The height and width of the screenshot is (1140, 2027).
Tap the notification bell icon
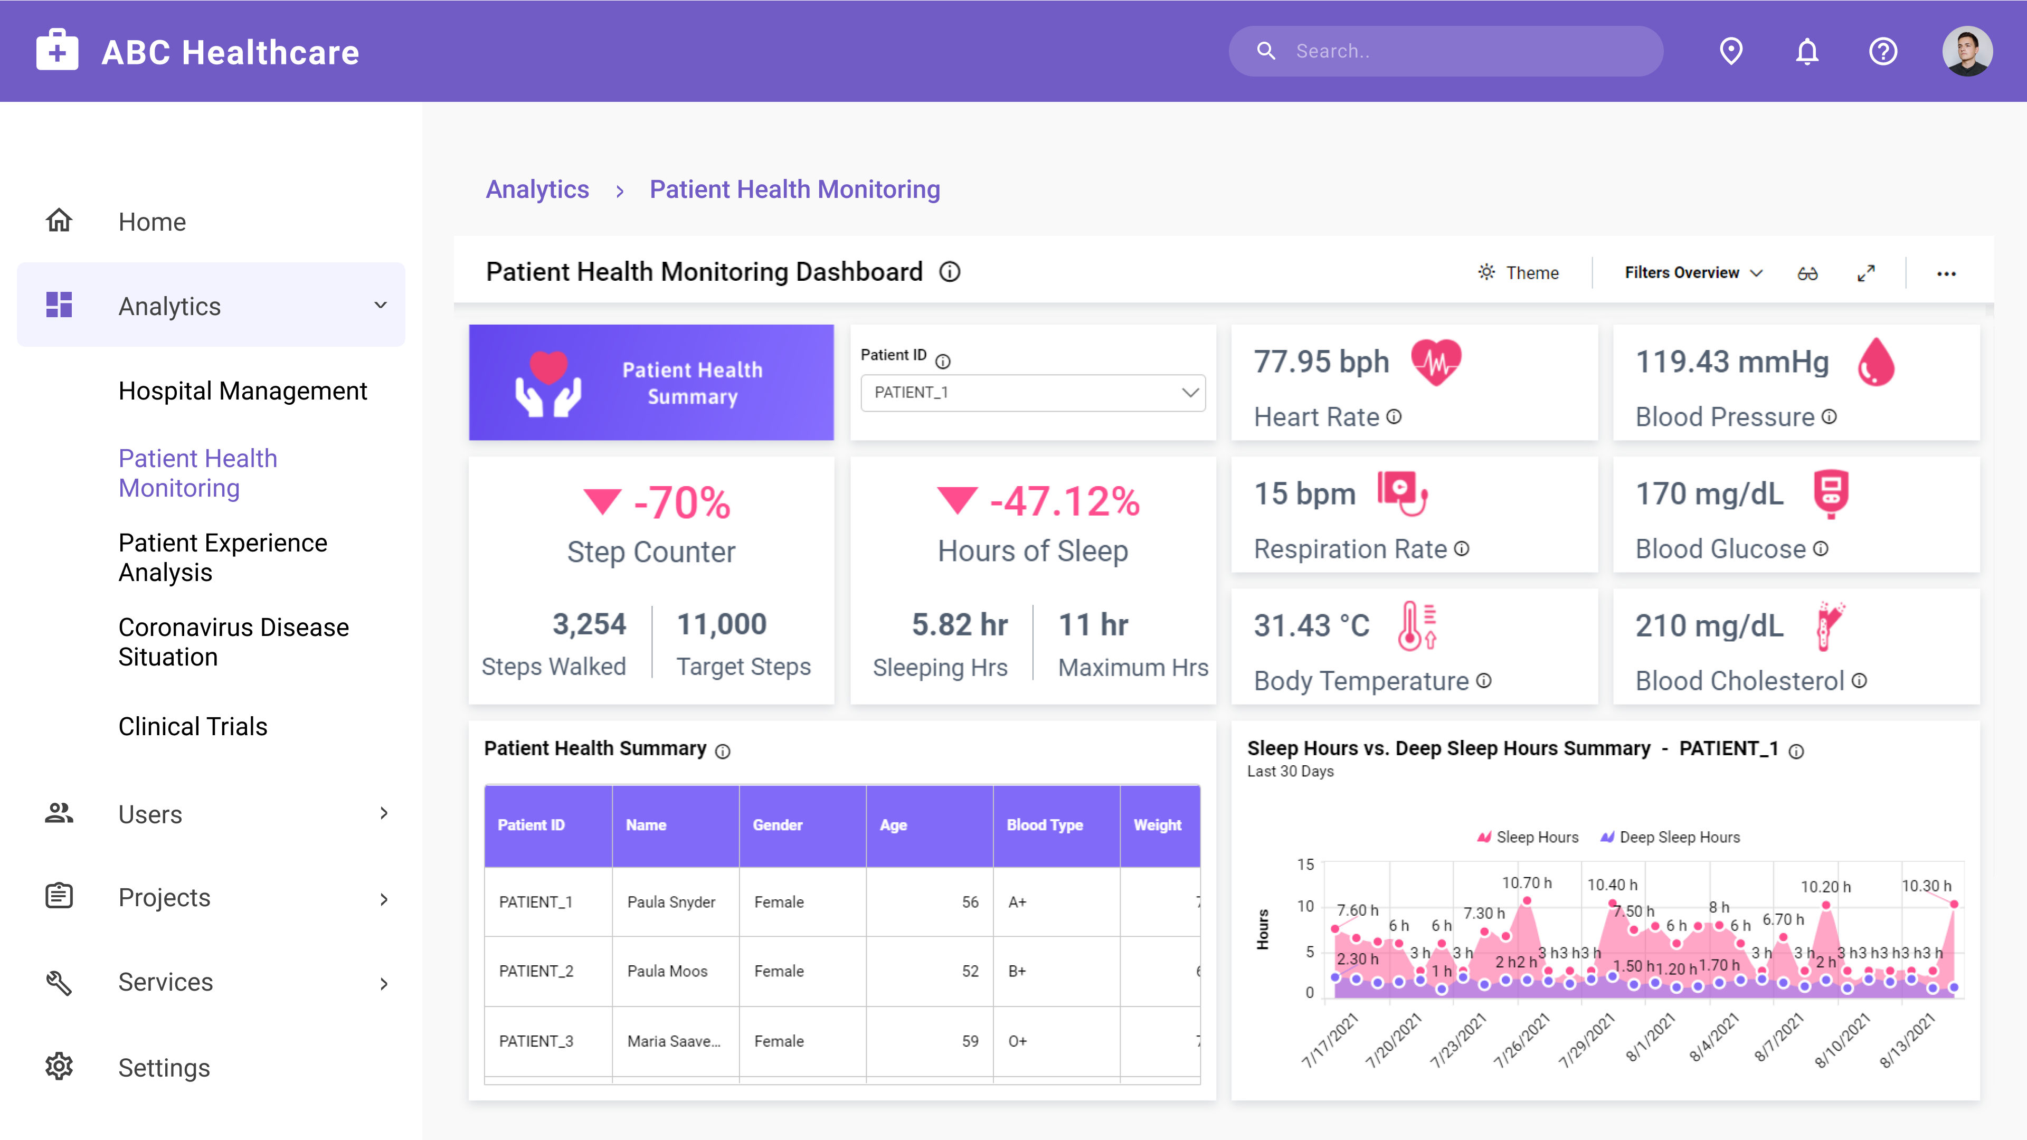(x=1807, y=52)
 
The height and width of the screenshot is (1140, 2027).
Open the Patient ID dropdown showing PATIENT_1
(x=1033, y=393)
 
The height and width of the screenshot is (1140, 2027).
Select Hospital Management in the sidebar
(x=242, y=391)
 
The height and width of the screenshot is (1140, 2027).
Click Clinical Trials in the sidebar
(x=193, y=726)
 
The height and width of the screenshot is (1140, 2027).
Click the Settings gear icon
(x=59, y=1067)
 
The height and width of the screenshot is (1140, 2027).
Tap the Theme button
(x=1519, y=273)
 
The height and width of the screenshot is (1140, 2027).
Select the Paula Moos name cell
(x=667, y=972)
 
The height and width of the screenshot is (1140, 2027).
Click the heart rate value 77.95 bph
(x=1321, y=362)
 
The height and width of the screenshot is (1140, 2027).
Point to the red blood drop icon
(x=1876, y=363)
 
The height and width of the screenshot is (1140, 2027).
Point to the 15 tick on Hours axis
(x=1305, y=864)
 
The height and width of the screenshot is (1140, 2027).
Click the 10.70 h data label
(x=1527, y=883)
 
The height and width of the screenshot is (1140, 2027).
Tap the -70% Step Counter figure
(x=681, y=503)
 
